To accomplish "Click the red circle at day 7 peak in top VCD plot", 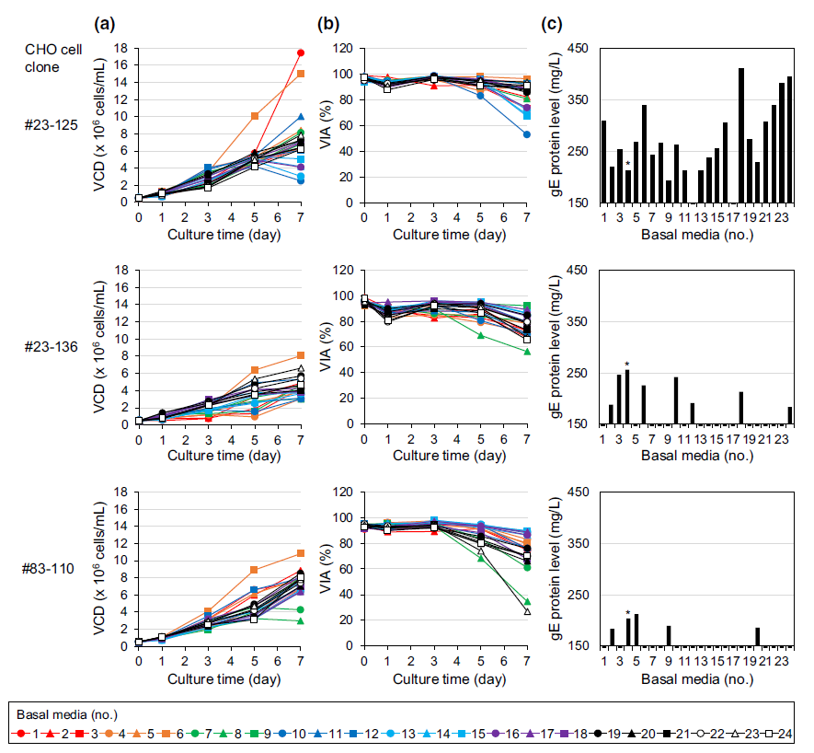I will point(302,52).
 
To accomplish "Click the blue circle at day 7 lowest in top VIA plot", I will point(527,134).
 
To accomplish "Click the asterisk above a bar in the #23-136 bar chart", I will point(627,364).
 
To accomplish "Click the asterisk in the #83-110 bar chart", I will point(627,613).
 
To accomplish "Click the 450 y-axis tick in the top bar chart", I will point(584,49).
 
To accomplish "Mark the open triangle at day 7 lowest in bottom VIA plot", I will point(527,611).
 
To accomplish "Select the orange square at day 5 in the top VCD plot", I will point(255,116).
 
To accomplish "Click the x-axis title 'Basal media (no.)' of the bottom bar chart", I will point(697,678).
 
